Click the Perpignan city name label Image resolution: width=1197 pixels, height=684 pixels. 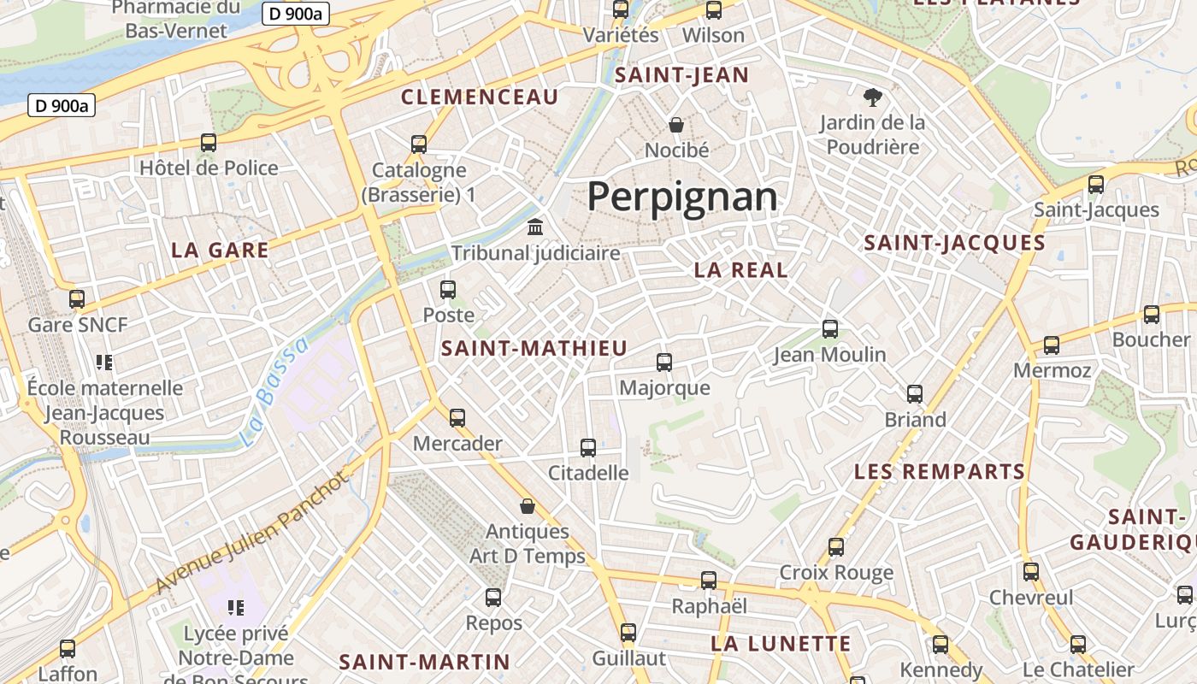pos(682,197)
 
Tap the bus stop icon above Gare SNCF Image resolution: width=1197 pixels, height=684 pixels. pos(77,299)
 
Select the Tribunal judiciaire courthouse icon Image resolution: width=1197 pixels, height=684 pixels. pos(536,227)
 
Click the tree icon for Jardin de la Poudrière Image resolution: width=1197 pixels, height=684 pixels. pos(872,97)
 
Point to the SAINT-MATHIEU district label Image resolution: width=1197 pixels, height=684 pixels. pos(534,349)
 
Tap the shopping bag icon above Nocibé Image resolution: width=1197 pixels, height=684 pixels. pos(676,125)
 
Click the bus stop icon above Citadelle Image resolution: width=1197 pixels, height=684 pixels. pos(588,447)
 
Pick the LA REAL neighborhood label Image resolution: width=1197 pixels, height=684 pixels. pos(741,270)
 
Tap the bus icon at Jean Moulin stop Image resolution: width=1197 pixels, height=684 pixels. pos(829,329)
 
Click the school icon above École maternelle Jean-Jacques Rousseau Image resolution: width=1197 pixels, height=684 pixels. pos(104,363)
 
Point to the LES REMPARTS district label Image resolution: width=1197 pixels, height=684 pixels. pos(940,472)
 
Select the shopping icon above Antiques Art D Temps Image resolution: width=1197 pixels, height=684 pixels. pos(528,506)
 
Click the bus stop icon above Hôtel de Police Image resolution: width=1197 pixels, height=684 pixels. pos(209,143)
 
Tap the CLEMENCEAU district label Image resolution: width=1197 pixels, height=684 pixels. pos(480,97)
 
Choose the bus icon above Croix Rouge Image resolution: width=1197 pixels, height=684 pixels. pos(836,547)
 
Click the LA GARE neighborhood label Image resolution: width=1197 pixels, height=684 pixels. pos(220,251)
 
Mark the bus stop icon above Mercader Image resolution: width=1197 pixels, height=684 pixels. pos(457,418)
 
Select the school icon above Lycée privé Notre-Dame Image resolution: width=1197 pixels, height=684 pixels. pos(236,608)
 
